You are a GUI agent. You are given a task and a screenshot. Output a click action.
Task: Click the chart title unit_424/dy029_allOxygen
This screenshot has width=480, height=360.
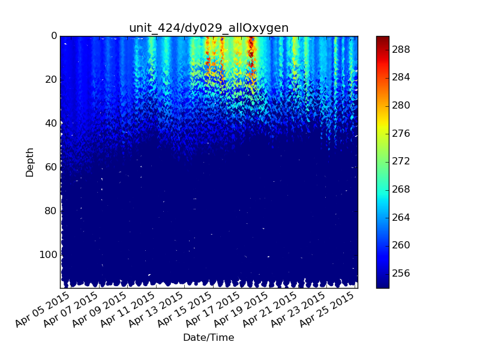pos(209,28)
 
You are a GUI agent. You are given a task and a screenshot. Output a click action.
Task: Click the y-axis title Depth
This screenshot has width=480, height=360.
pos(29,162)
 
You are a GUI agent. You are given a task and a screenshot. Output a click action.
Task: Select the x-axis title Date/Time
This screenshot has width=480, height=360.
pos(209,337)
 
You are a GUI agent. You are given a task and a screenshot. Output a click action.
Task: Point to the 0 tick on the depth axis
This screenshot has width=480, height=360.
pos(54,36)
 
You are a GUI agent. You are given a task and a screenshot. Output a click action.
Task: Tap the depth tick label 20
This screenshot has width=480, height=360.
pos(51,80)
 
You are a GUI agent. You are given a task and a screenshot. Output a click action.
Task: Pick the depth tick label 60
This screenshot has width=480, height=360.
pos(51,167)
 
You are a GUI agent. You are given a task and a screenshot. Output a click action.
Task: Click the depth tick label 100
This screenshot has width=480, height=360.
pos(49,254)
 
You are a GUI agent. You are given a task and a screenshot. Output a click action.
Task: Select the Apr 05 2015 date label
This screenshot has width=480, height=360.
pos(42,310)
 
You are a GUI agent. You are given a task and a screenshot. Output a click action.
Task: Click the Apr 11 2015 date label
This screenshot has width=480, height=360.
pos(127,310)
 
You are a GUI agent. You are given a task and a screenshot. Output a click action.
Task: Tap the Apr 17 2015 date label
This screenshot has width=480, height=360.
pos(212,310)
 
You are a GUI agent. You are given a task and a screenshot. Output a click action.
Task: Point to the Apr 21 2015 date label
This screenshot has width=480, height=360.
pos(269,310)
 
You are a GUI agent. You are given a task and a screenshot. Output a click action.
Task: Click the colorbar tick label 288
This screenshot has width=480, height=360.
pos(401,50)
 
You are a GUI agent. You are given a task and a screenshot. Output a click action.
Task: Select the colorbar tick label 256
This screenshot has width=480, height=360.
pos(401,274)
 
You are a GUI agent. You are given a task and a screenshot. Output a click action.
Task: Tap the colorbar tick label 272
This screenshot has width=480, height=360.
pos(401,161)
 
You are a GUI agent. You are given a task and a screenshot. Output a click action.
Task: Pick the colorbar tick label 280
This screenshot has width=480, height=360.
pos(401,106)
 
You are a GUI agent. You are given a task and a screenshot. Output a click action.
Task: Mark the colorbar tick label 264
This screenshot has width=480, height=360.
pos(401,217)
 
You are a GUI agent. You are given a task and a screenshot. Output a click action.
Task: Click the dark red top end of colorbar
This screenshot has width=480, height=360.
pos(383,39)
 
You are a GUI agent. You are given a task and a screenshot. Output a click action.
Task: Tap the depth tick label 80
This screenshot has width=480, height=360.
pos(51,211)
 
